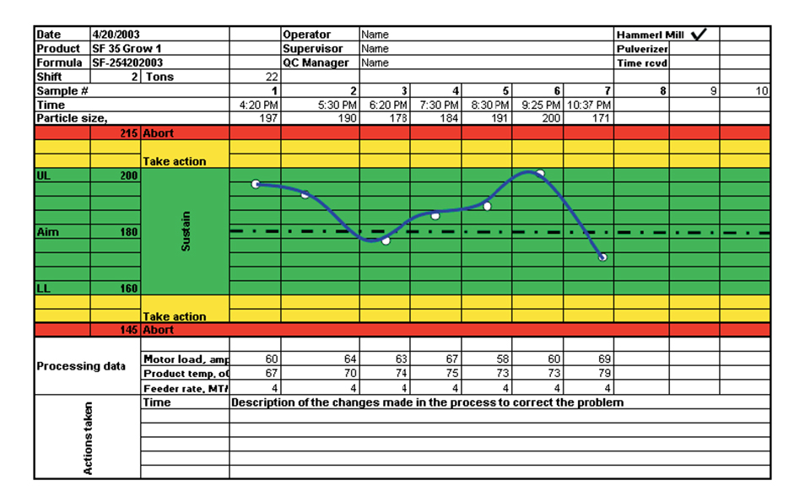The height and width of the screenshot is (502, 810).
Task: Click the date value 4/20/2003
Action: coord(117,35)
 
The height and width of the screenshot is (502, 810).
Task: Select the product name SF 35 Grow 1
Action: coord(127,49)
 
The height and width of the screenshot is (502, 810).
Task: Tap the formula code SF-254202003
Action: coord(127,62)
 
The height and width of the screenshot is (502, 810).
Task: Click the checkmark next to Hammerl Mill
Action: coord(699,34)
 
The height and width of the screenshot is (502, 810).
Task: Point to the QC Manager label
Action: coord(316,62)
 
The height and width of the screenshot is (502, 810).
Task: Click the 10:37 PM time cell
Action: coord(589,105)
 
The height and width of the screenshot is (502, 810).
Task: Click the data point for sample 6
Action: coord(540,174)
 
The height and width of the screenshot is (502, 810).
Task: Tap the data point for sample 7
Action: coord(602,256)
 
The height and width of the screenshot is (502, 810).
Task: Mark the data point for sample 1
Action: coord(256,184)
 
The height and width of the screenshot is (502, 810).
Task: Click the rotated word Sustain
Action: coord(186,231)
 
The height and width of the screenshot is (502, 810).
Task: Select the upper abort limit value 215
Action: coord(128,133)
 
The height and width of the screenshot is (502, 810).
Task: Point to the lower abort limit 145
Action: coord(128,330)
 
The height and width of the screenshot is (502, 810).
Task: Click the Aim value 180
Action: coord(128,232)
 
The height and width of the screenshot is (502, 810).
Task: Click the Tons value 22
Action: coord(271,77)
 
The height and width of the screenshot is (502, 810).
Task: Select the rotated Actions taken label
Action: coord(88,437)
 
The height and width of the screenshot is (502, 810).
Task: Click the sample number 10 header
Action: coord(761,90)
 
